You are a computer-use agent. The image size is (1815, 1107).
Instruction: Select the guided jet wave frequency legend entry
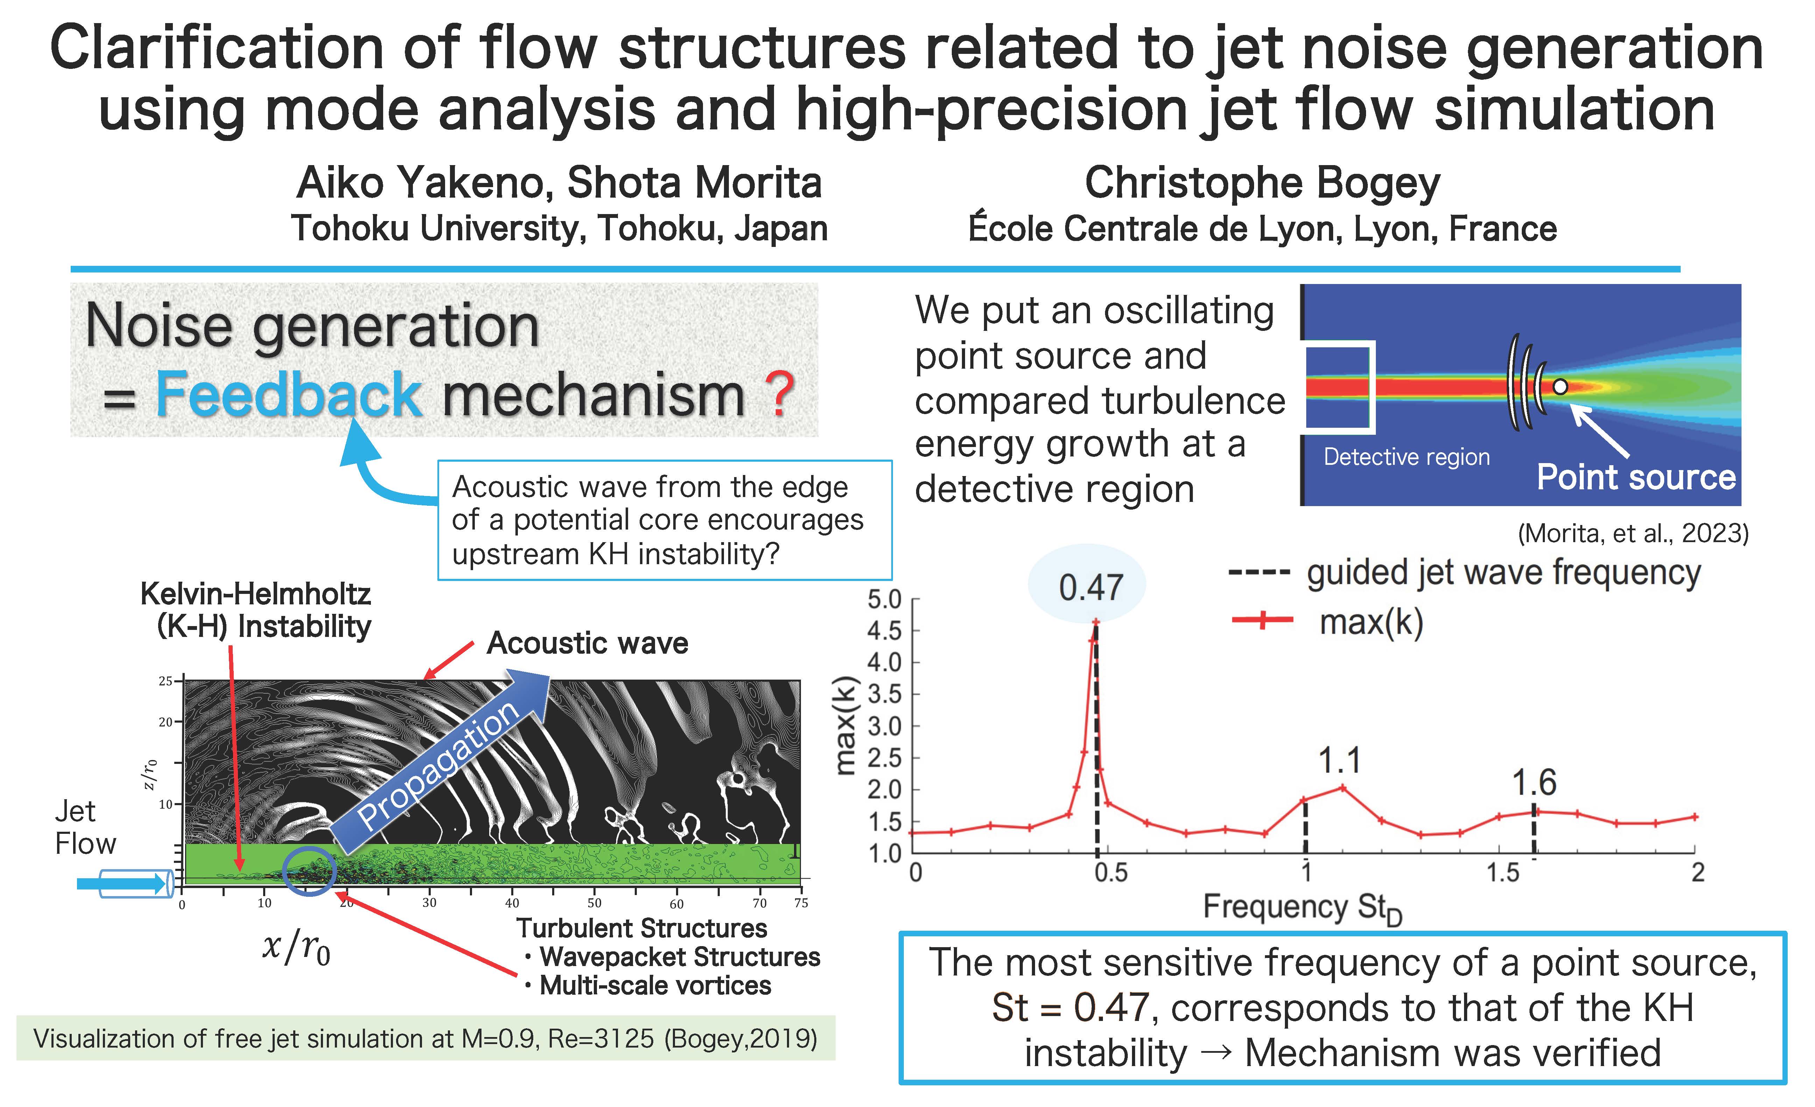coord(1464,572)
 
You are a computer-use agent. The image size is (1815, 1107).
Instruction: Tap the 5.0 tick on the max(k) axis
coord(884,599)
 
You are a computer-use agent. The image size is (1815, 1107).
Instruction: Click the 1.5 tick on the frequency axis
coord(1502,873)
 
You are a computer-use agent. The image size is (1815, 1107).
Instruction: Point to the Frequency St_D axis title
coord(1302,908)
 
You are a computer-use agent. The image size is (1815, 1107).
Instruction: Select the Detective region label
coord(1406,457)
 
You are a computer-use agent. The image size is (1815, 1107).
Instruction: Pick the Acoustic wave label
coord(587,643)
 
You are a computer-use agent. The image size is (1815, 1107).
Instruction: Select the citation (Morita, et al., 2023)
coord(1633,533)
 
